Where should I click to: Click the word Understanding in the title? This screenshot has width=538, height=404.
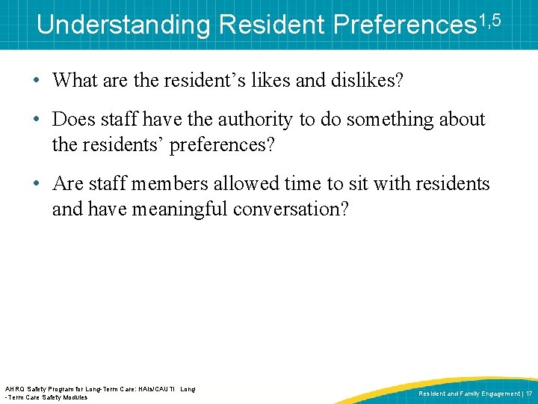pos(124,25)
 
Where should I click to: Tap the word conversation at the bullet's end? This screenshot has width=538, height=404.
pos(291,209)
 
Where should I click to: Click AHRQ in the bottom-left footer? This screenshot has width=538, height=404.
pos(15,389)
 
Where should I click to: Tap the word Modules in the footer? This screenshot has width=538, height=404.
pos(74,397)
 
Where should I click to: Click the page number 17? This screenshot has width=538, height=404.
pos(529,394)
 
